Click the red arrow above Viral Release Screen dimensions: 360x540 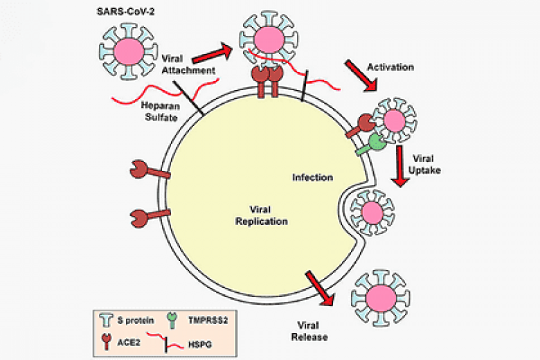[319, 286]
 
